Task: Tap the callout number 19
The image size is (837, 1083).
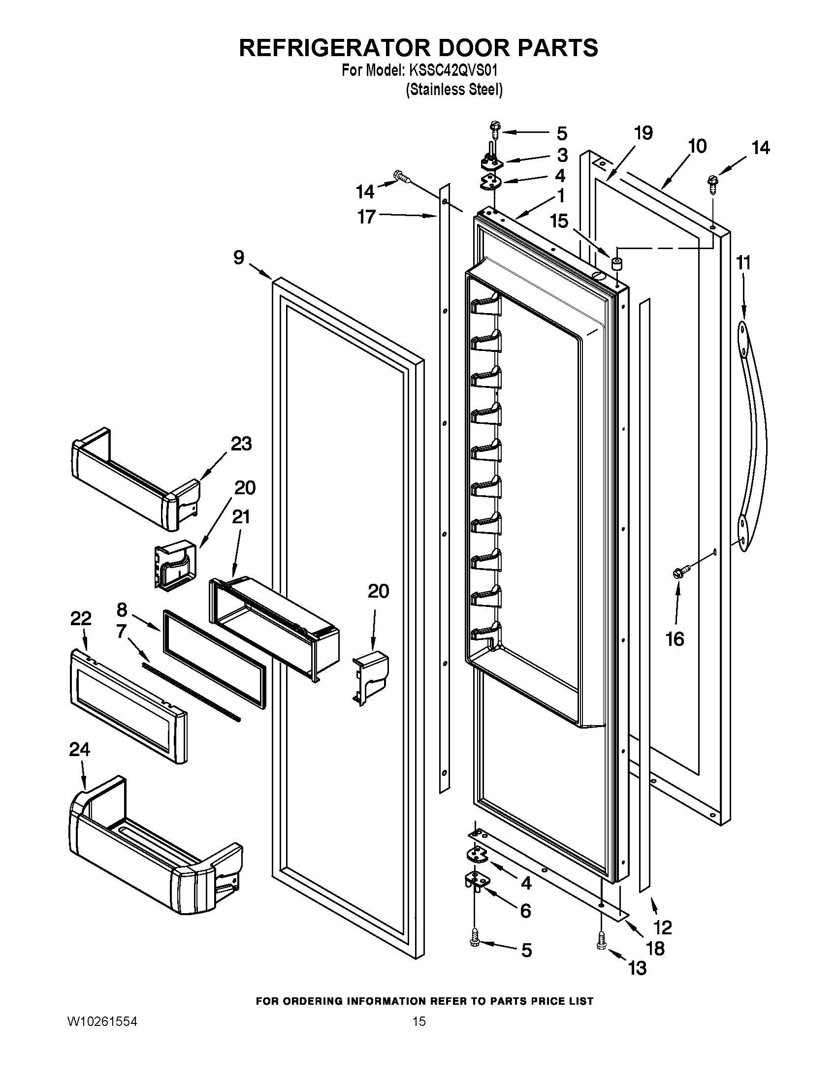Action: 644,133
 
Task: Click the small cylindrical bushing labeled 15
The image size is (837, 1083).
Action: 616,263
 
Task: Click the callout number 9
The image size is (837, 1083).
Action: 239,257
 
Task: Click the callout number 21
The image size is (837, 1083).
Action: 240,517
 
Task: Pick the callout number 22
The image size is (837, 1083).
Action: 81,618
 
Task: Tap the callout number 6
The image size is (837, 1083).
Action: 525,911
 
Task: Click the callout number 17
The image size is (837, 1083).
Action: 367,217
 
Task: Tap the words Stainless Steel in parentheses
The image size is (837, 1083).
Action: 454,90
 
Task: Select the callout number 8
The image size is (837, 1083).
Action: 122,609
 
